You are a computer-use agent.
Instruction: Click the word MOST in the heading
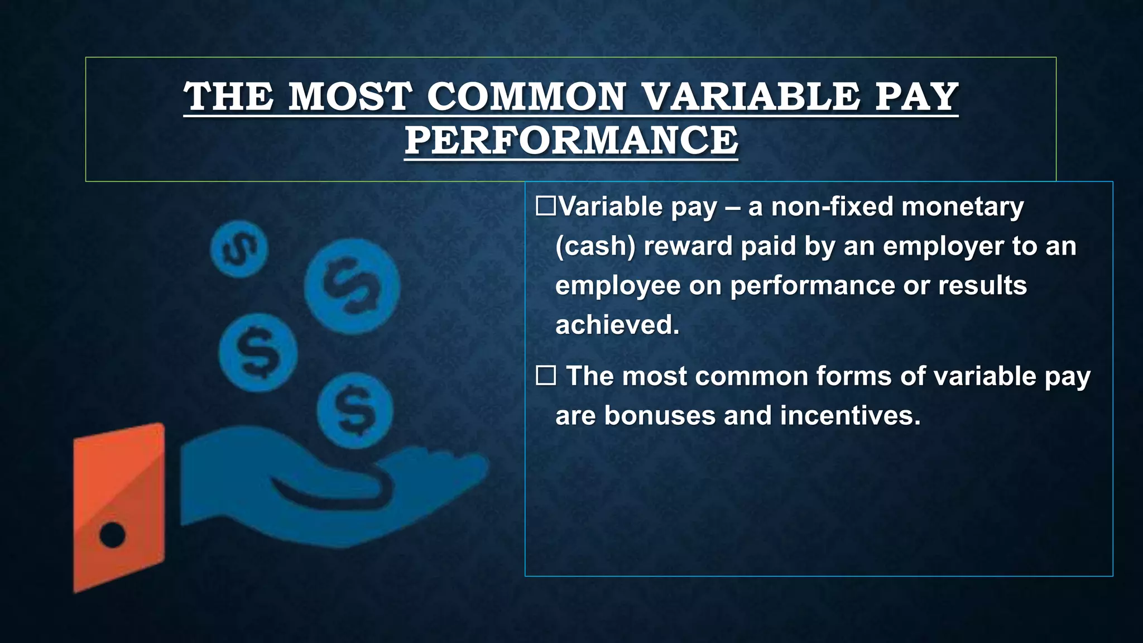pyautogui.click(x=349, y=97)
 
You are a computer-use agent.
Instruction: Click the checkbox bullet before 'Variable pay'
pyautogui.click(x=545, y=207)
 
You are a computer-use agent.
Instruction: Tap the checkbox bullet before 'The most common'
pyautogui.click(x=545, y=376)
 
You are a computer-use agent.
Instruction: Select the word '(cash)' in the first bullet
pyautogui.click(x=595, y=246)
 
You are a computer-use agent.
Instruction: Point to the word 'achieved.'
pyautogui.click(x=617, y=325)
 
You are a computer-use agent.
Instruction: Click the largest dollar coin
pyautogui.click(x=352, y=286)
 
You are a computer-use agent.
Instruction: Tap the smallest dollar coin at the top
pyautogui.click(x=239, y=249)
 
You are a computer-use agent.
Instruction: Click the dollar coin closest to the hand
pyautogui.click(x=355, y=411)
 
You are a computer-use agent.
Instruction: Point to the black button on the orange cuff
pyautogui.click(x=112, y=535)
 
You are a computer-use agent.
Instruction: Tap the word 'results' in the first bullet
pyautogui.click(x=982, y=286)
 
